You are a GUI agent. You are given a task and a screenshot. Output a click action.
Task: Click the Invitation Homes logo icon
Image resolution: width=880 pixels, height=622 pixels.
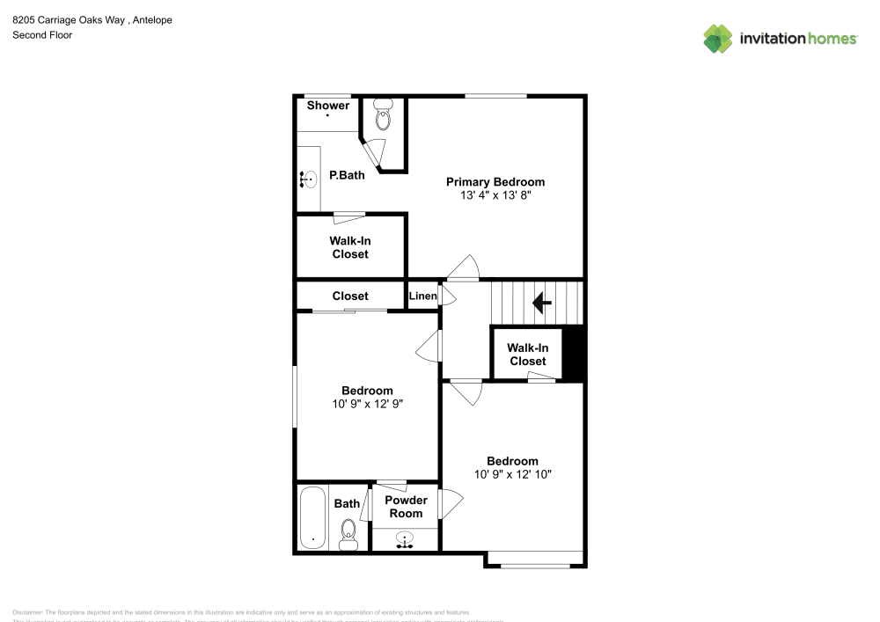point(718,39)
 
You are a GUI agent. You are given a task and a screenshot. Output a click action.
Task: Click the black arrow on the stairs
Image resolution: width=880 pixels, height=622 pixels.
point(542,304)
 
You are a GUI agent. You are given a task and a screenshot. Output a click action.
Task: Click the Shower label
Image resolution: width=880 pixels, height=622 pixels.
point(327,106)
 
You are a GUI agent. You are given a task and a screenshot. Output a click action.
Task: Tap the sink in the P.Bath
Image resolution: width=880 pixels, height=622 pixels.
point(308,179)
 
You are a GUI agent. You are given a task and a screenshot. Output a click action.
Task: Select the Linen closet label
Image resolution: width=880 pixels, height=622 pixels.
point(422,296)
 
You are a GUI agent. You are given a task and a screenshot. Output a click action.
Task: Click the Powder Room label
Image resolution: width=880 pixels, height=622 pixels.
point(407,507)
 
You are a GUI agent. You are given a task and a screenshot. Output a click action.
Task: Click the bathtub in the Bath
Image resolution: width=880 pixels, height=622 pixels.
point(312,518)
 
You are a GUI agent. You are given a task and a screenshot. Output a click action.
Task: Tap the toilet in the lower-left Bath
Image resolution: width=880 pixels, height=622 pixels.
point(348,532)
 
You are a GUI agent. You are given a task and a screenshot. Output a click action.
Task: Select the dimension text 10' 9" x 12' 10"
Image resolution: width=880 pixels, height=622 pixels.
point(512,474)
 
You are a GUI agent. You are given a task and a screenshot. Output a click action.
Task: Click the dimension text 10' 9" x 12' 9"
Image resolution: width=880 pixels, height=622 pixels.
point(367,404)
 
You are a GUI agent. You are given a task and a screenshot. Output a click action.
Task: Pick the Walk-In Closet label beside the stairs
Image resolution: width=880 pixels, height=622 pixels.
point(527,355)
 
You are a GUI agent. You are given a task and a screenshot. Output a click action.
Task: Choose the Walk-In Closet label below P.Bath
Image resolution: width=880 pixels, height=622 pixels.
point(350,247)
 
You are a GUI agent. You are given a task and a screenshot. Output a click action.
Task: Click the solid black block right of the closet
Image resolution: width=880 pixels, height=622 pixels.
point(573,353)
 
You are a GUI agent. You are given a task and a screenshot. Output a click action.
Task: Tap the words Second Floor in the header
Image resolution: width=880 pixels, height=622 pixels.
point(42,35)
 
